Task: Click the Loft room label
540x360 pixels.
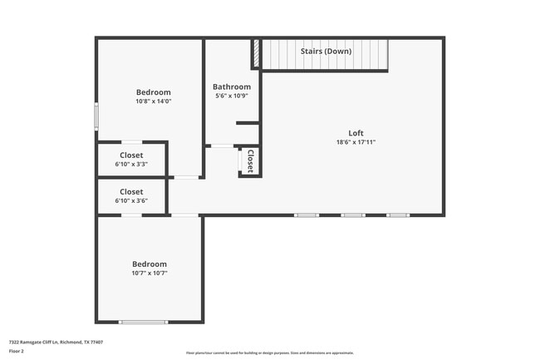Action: [356, 133]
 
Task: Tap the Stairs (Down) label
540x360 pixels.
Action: [326, 52]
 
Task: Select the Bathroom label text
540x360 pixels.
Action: [231, 86]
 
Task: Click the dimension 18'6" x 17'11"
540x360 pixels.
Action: [356, 142]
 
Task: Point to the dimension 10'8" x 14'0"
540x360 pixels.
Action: [153, 101]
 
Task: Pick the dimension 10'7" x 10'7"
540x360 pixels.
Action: [150, 273]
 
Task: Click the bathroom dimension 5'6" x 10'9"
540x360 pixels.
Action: [231, 96]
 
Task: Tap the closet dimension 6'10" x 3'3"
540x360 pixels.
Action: [131, 165]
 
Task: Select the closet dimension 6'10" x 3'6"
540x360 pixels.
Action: [131, 201]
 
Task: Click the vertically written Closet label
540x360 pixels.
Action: [249, 160]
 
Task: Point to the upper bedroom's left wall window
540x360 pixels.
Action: [96, 115]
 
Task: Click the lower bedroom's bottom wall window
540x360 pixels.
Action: [143, 322]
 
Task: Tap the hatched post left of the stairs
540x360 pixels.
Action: [257, 55]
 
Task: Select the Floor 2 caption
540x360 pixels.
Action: [17, 352]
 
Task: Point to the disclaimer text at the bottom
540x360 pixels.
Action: [269, 353]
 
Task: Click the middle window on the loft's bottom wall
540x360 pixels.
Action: [352, 215]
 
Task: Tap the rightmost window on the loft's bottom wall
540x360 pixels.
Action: [397, 215]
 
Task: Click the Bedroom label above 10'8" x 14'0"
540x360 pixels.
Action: [153, 92]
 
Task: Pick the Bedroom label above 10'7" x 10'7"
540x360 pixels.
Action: [150, 264]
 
